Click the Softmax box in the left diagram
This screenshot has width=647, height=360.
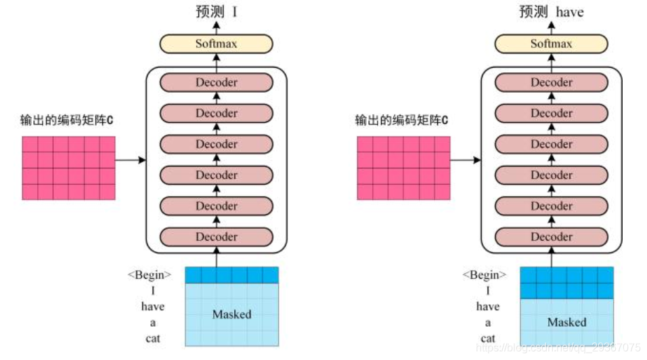click(x=216, y=45)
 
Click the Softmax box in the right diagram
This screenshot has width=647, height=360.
click(x=551, y=45)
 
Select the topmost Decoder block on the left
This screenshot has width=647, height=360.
click(x=216, y=83)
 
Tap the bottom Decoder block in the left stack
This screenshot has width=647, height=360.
click(x=216, y=237)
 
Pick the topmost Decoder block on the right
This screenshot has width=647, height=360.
click(x=551, y=83)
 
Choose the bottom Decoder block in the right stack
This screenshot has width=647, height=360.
click(x=551, y=237)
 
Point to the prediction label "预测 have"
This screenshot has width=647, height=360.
click(x=551, y=12)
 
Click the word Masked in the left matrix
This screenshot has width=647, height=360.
click(x=231, y=315)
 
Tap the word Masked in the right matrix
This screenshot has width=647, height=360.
click(x=566, y=322)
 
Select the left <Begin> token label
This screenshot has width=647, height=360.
click(x=149, y=275)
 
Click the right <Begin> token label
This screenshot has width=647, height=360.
click(x=484, y=275)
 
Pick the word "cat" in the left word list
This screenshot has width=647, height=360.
click(x=153, y=338)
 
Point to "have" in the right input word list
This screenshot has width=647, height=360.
click(x=487, y=307)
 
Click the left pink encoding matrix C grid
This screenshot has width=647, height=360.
click(x=68, y=168)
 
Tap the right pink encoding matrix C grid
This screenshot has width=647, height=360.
click(x=403, y=168)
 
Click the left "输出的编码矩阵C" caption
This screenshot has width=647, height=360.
click(x=66, y=121)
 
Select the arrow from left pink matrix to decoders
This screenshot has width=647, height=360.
click(x=131, y=160)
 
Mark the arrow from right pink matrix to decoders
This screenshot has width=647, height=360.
click(x=466, y=160)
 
